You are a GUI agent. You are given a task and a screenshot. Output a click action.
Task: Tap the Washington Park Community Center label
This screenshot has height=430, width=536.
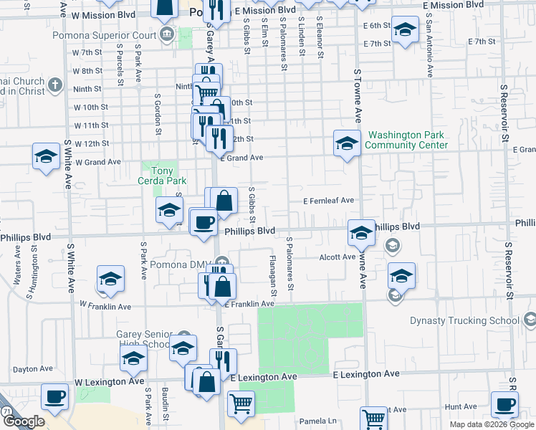[406, 140]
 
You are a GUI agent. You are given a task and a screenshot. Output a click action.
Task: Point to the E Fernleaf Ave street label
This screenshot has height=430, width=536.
[328, 201]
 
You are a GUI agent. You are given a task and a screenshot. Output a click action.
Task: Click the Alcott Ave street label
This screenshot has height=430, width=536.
[338, 257]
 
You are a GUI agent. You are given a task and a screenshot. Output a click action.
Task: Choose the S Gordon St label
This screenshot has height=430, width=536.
[157, 113]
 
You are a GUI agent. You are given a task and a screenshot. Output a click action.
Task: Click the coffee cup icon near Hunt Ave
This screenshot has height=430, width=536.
[504, 404]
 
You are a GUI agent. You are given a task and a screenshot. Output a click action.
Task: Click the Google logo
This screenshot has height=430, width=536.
[24, 421]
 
